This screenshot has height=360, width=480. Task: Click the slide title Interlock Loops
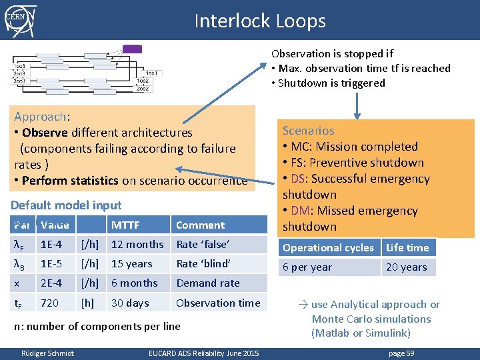260,21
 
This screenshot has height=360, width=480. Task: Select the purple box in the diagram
132,49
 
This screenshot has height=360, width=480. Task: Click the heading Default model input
66,205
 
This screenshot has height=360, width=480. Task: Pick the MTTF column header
125,225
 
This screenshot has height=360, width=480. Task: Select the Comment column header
200,225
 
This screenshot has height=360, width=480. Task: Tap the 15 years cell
131,264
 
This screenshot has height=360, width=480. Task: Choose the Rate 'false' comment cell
203,245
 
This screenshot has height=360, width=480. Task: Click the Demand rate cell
208,283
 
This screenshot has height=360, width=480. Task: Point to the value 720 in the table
49,303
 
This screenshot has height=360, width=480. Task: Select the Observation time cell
218,303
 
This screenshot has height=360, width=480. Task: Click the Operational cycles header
328,248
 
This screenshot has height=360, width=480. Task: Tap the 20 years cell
405,267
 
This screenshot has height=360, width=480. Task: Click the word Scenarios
308,131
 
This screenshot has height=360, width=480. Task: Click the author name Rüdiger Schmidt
48,353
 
